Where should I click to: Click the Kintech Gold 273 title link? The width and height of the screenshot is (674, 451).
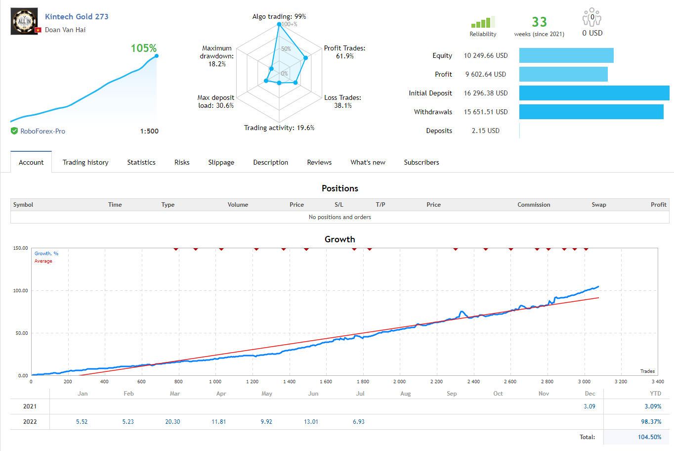click(77, 16)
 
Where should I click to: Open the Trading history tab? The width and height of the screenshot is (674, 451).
click(85, 162)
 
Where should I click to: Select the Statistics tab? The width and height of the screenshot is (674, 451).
click(141, 162)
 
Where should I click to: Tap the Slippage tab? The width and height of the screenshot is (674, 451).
click(221, 162)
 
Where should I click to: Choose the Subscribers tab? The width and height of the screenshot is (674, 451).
click(421, 162)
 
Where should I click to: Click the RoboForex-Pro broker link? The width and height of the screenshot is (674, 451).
click(42, 131)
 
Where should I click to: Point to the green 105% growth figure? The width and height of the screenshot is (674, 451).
click(143, 48)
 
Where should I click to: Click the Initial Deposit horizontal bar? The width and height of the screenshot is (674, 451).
click(594, 93)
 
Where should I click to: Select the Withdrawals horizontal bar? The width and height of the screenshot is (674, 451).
click(591, 112)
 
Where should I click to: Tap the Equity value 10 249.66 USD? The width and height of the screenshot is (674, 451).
click(485, 55)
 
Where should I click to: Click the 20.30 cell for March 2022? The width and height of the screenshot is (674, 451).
click(172, 422)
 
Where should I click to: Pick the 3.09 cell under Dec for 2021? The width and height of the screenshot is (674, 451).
click(589, 406)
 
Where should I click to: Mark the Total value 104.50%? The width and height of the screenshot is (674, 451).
click(649, 437)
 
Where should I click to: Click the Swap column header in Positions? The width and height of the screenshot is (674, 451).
click(598, 205)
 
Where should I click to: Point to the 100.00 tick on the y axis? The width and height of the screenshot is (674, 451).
click(20, 291)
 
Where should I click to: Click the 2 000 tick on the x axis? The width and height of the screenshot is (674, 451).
click(399, 382)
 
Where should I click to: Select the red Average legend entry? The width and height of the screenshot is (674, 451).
click(43, 261)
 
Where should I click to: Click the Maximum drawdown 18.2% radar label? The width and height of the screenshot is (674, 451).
click(217, 56)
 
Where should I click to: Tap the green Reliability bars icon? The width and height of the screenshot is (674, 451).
click(482, 23)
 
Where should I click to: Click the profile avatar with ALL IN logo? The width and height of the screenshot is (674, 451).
click(24, 21)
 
